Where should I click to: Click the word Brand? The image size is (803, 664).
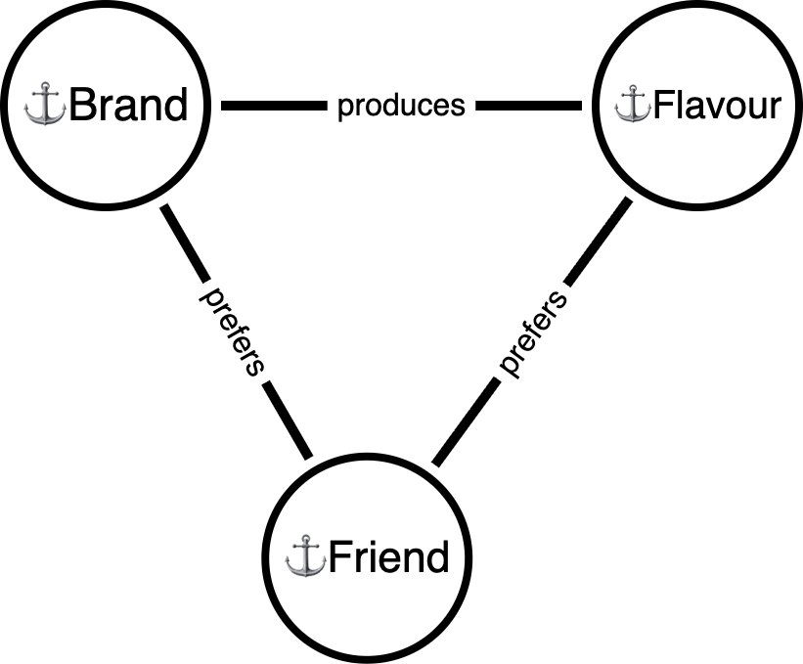pyautogui.click(x=127, y=106)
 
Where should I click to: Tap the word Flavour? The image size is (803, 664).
pyautogui.click(x=717, y=106)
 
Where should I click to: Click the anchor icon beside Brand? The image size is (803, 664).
pyautogui.click(x=44, y=106)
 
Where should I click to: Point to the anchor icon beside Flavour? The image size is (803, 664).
pyautogui.click(x=633, y=105)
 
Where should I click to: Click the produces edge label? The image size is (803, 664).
pyautogui.click(x=401, y=106)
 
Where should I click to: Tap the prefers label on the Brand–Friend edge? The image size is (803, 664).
pyautogui.click(x=233, y=331)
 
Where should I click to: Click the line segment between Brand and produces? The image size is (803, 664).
pyautogui.click(x=274, y=106)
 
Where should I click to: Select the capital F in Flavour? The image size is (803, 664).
pyautogui.click(x=663, y=106)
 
